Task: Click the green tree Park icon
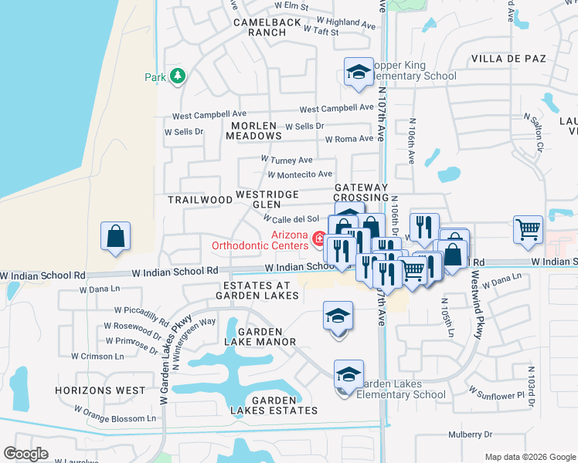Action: point(178,76)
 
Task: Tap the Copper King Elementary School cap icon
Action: point(356,72)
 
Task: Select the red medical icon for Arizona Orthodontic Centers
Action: point(317,240)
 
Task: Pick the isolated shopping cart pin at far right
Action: point(528,228)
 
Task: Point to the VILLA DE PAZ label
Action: point(508,59)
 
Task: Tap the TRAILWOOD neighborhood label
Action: point(200,199)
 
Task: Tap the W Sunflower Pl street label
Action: point(498,394)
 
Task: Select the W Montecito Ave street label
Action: point(300,174)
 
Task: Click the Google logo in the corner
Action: point(26,454)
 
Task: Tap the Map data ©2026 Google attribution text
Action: point(529,457)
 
